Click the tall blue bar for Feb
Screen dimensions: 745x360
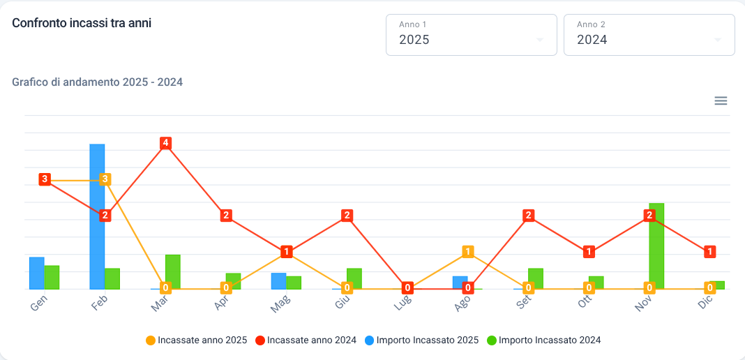coord(98,216)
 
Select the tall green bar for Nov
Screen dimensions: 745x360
coord(656,246)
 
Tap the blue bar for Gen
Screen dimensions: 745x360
coord(36,273)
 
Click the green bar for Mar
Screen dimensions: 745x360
coord(173,271)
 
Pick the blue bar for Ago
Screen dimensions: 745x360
coord(460,283)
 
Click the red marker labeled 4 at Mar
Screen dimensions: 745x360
coord(165,143)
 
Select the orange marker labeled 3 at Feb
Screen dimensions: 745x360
coord(105,179)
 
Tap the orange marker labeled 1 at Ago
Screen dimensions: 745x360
coord(468,252)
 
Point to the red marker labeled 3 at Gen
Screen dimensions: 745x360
coord(45,179)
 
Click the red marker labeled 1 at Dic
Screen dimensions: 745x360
coord(710,252)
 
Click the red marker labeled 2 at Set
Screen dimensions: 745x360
coord(528,216)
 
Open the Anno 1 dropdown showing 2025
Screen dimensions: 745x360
coord(472,35)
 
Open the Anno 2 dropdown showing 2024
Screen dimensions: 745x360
coord(649,35)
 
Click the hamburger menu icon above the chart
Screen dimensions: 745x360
coord(721,100)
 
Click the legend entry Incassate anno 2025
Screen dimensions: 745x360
coord(196,340)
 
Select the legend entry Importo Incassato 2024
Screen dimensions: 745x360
coord(544,340)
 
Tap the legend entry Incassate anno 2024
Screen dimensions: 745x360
coord(306,340)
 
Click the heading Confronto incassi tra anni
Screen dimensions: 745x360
coord(82,23)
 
